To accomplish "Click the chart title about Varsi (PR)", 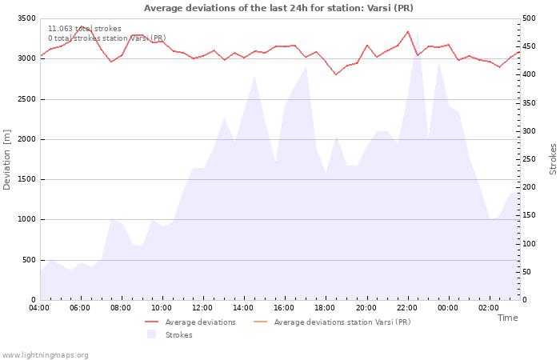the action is point(278,8).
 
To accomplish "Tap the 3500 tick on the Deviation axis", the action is point(26,18).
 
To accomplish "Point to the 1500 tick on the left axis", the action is point(26,179).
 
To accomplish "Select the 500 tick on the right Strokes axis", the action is point(529,18).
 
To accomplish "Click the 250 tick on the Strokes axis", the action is point(529,159).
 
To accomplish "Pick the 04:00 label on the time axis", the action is point(39,308).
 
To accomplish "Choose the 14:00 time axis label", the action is point(243,308).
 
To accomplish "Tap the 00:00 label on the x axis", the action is point(448,308).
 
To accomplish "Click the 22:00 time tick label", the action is point(407,308).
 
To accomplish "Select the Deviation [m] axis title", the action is point(6,159).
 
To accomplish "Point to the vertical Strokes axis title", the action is point(553,159).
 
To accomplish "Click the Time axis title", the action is point(507,318).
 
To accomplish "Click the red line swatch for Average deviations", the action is point(151,322).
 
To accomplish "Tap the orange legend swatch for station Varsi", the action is point(260,322).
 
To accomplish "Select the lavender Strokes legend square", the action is point(151,334).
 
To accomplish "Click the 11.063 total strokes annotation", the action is point(85,29).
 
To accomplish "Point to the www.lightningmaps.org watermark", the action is point(45,355).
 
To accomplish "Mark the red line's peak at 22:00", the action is point(408,31).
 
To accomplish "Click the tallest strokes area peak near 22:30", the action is point(418,34).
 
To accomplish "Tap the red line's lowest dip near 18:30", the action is point(336,74).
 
